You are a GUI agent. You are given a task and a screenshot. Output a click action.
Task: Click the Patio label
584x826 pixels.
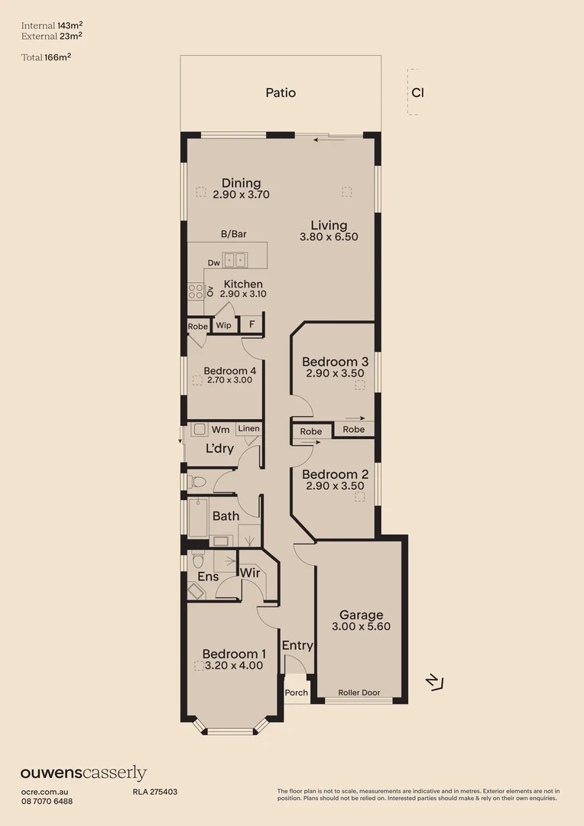281,93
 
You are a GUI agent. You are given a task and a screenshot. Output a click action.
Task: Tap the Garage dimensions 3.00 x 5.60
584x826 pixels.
362,626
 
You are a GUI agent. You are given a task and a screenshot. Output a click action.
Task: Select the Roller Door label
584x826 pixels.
359,693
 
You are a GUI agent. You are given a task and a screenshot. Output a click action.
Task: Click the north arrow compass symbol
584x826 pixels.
434,681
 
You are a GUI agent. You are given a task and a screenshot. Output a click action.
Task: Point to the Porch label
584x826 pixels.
296,693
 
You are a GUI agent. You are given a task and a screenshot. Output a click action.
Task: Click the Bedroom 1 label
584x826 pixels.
234,654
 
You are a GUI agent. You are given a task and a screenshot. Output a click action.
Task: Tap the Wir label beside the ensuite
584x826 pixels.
251,573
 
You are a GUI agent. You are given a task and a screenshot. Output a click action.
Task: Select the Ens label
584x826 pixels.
208,577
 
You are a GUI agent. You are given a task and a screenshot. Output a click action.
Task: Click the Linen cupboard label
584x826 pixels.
248,429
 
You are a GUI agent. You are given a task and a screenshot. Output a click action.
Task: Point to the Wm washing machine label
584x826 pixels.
221,430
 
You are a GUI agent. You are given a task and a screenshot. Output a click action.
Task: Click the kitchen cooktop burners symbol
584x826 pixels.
196,291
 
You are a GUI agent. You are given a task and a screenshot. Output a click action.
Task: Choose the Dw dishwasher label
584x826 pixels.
214,263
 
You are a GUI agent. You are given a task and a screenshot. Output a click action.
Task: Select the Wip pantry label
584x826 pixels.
223,325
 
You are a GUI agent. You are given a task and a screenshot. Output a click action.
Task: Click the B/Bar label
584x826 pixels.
234,235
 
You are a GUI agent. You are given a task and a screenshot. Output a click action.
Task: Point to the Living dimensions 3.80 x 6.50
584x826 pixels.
329,237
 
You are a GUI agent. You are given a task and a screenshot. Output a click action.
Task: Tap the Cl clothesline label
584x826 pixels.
417,93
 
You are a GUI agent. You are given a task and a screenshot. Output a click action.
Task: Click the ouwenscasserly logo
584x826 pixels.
83,773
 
